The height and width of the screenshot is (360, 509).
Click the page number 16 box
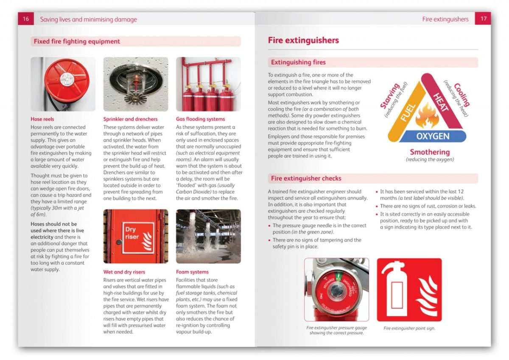pyautogui.click(x=26, y=19)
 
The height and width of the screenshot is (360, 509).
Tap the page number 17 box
pyautogui.click(x=483, y=19)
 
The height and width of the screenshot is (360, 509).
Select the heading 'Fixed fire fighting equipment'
pyautogui.click(x=77, y=42)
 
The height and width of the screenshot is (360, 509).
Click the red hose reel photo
pyautogui.click(x=63, y=84)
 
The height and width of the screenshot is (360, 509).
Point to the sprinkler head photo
pyautogui.click(x=136, y=84)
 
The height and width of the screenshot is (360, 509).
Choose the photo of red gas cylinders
pyautogui.click(x=208, y=84)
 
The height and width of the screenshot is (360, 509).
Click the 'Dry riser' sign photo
pyautogui.click(x=136, y=236)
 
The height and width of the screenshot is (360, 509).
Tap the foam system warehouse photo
pyautogui.click(x=208, y=236)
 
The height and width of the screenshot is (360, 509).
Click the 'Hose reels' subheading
pyautogui.click(x=42, y=119)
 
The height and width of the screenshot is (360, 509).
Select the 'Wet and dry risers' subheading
pyautogui.click(x=124, y=272)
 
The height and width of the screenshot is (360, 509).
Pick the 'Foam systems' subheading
pyautogui.click(x=192, y=272)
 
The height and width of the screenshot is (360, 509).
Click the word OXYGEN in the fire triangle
pyautogui.click(x=433, y=136)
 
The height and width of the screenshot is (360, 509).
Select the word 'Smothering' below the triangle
pyautogui.click(x=430, y=152)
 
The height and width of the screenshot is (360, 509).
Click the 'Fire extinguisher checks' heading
pyautogui.click(x=306, y=179)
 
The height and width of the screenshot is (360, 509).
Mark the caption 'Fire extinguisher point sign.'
pyautogui.click(x=409, y=328)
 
